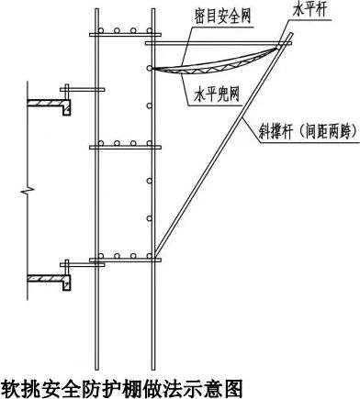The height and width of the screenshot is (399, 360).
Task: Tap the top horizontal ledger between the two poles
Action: [x=123, y=39]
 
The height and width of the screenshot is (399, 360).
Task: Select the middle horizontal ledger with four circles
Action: [x=123, y=146]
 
